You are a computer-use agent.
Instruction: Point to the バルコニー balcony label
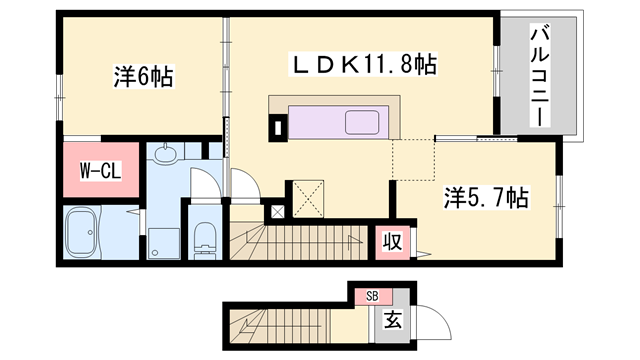click(541, 77)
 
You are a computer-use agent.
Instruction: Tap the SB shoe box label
click(372, 295)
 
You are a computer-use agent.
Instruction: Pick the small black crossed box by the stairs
click(277, 212)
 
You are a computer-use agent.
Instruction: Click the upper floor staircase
click(300, 242)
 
